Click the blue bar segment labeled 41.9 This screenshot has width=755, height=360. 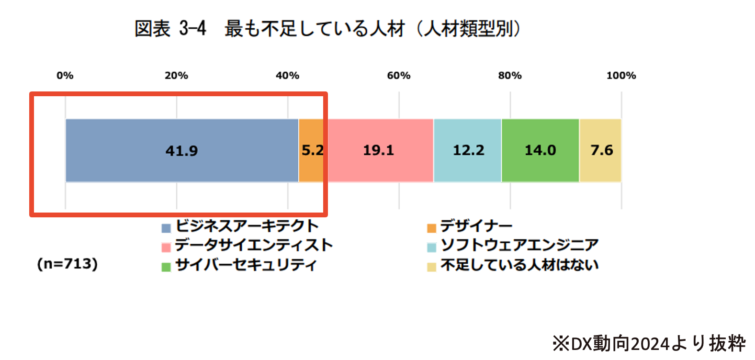pyautogui.click(x=182, y=150)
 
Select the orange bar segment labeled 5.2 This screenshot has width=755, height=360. pyautogui.click(x=312, y=150)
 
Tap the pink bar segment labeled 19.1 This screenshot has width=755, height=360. pyautogui.click(x=379, y=150)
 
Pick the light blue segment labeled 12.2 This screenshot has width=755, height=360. pyautogui.click(x=468, y=150)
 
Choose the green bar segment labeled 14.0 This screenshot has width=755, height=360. pyautogui.click(x=540, y=150)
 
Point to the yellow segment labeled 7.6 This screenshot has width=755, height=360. pyautogui.click(x=601, y=150)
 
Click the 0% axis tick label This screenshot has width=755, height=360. pyautogui.click(x=65, y=76)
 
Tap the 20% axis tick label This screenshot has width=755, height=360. pyautogui.click(x=176, y=76)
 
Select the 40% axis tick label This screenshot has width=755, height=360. pyautogui.click(x=287, y=76)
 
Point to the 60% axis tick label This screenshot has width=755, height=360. pyautogui.click(x=398, y=76)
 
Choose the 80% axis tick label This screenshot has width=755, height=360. pyautogui.click(x=510, y=76)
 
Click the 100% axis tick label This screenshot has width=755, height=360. pyautogui.click(x=621, y=76)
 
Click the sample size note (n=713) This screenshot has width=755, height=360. pyautogui.click(x=68, y=264)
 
